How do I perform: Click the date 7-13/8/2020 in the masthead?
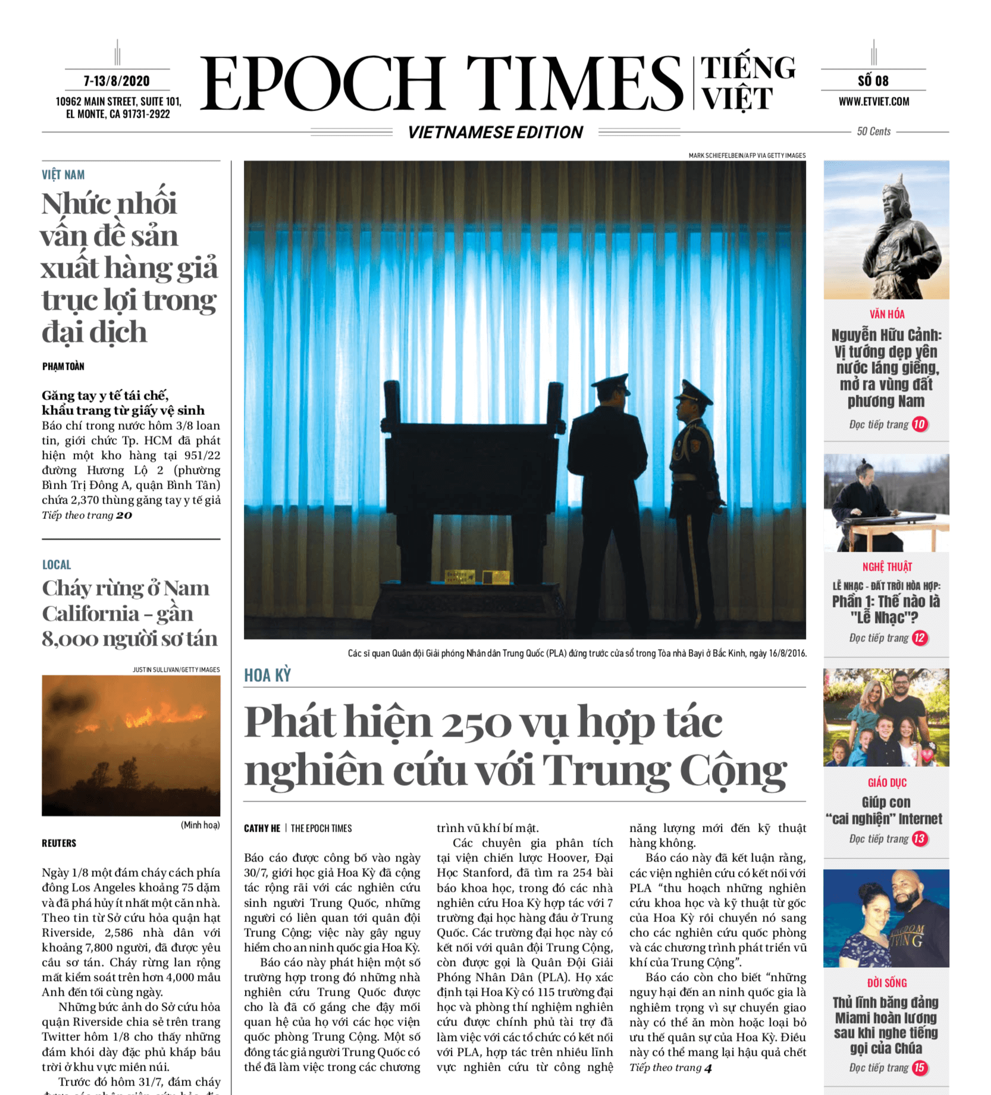(117, 81)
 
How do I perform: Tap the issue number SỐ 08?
(873, 81)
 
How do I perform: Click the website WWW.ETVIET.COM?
(873, 102)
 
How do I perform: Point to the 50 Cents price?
(873, 131)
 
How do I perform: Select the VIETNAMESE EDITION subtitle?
(495, 132)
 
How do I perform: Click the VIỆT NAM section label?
(63, 175)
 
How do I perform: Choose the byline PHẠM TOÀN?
(63, 366)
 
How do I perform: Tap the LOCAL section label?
(57, 565)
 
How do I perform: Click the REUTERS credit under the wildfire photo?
(59, 843)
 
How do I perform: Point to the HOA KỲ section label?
(267, 675)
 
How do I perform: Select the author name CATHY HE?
(262, 828)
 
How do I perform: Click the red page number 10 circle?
(920, 424)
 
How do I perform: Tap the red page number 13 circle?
(920, 839)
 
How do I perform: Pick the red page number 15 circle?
(920, 1068)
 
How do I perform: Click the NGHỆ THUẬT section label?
(887, 567)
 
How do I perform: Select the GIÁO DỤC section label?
(887, 783)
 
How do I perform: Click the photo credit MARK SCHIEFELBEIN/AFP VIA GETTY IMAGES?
(747, 156)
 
